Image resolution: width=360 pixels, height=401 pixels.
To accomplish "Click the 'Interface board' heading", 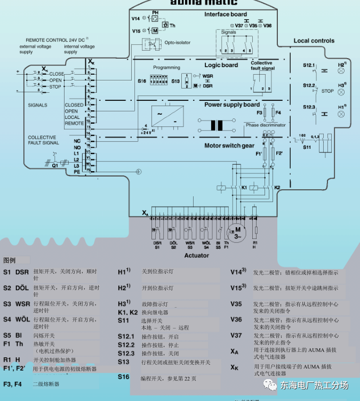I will click(226, 14).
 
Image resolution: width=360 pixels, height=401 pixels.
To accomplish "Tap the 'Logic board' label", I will click(221, 65).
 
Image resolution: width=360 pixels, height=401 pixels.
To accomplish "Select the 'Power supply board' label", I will click(232, 105).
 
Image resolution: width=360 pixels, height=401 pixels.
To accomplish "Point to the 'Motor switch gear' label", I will click(230, 146).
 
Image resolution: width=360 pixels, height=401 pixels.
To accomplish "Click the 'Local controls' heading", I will click(314, 41).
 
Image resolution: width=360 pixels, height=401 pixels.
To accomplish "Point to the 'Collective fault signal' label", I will click(262, 66).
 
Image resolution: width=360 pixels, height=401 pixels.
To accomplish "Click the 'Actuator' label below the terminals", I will click(197, 255).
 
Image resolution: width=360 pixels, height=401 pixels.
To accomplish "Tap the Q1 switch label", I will click(55, 165).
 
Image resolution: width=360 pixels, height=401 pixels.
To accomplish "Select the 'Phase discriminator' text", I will click(266, 125).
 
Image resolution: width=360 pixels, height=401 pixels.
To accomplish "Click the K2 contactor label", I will click(277, 188).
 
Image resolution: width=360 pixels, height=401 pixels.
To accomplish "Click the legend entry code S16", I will click(123, 376).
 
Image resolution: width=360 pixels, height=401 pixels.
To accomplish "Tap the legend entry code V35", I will click(236, 304).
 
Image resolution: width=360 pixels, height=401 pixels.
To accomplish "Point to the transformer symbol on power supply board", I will click(217, 126).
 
